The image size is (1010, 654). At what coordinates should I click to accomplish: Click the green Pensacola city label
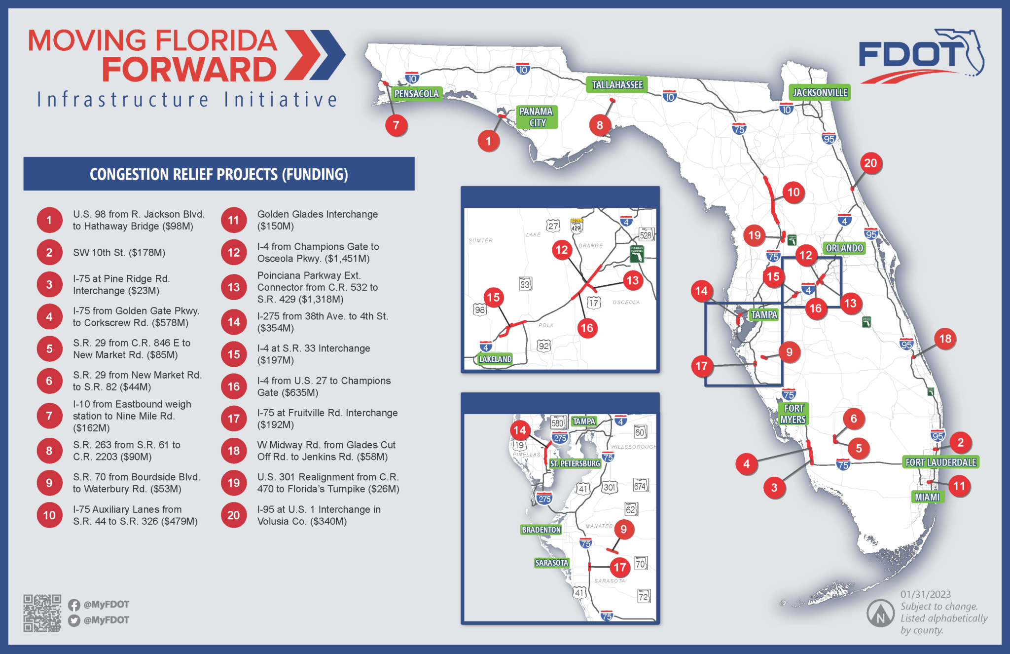pos(416,93)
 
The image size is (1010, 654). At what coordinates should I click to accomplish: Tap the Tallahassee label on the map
pos(617,85)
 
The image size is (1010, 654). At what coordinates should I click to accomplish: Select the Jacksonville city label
pos(820,92)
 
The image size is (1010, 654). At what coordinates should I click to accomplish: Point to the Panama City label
pos(537,117)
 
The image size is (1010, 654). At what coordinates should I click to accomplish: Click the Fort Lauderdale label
pos(940,462)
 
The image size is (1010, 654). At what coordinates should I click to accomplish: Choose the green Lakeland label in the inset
pos(495,359)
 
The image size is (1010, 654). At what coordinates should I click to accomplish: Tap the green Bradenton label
pos(541,530)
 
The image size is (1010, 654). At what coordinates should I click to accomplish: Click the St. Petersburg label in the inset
pos(575,463)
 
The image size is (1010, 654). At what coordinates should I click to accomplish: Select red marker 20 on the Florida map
pos(870,163)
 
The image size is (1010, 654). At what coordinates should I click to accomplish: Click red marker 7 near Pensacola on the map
pos(396,125)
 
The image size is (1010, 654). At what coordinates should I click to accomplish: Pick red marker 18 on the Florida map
pos(945,339)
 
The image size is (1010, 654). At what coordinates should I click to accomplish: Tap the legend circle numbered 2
pos(49,253)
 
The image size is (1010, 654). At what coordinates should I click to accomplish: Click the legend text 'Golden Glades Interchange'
pos(317,214)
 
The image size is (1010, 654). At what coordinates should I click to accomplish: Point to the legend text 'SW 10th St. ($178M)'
pos(119,253)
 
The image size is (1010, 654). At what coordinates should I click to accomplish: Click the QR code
pos(42,613)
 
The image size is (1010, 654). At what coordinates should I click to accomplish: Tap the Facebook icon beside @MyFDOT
pos(74,605)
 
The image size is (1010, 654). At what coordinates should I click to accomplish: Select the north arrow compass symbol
pos(880,614)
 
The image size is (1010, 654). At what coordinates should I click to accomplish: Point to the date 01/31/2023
pos(925,594)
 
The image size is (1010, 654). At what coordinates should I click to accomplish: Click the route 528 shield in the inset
pos(646,235)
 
